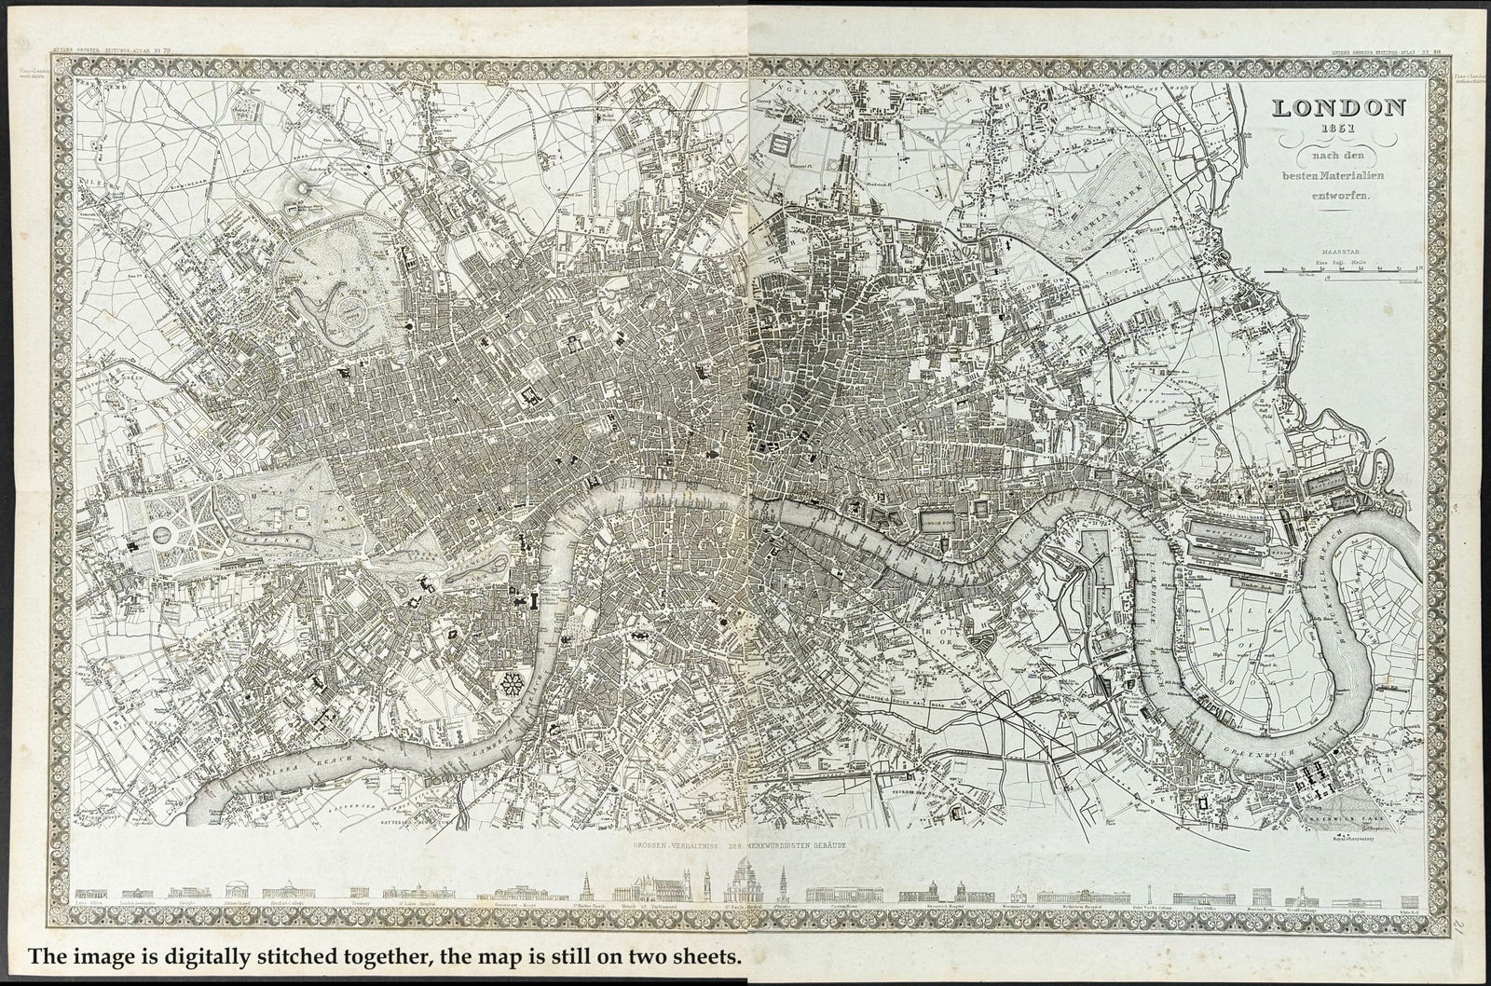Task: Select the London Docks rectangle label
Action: tap(938, 523)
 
